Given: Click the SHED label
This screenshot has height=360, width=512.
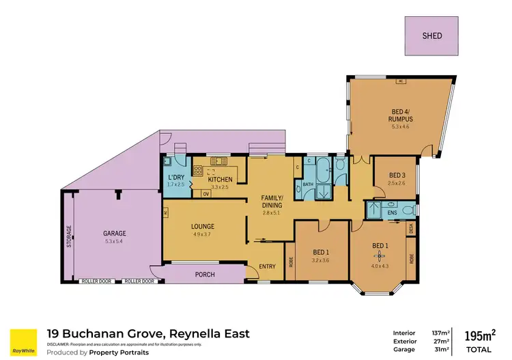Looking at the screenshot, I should pos(431,36).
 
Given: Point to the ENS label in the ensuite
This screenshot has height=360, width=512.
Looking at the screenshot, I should pos(392,213).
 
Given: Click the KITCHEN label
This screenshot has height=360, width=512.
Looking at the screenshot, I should pos(220,179).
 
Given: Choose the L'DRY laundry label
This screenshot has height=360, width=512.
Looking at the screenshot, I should pos(175,178).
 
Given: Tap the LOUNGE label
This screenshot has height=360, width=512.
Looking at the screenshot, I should pos(203,226).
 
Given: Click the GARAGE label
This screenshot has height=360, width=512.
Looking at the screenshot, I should pos(115,234).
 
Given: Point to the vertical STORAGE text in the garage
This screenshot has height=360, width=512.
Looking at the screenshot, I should pos(68,236).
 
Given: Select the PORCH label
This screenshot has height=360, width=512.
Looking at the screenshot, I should pos(205,275).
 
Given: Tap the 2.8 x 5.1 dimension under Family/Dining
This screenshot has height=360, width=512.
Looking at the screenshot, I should pos(271,213).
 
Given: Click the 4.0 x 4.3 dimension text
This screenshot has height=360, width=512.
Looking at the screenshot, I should pos(380,266).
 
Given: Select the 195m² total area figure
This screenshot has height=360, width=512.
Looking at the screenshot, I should pos(480,335).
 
